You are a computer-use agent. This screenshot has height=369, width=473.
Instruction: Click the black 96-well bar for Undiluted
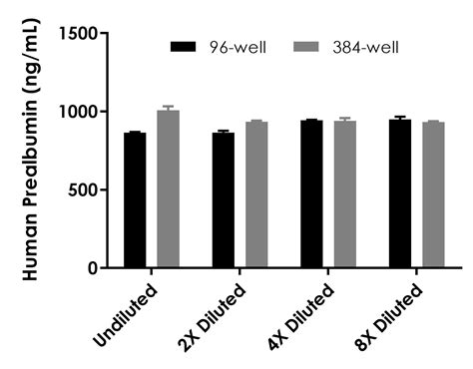pos(135,200)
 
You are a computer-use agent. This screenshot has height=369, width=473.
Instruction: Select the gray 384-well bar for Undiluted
pos(168,188)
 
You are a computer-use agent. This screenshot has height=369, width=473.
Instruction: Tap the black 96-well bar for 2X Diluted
pos(223,200)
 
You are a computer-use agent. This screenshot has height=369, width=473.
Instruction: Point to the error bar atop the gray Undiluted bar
pos(168,108)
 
